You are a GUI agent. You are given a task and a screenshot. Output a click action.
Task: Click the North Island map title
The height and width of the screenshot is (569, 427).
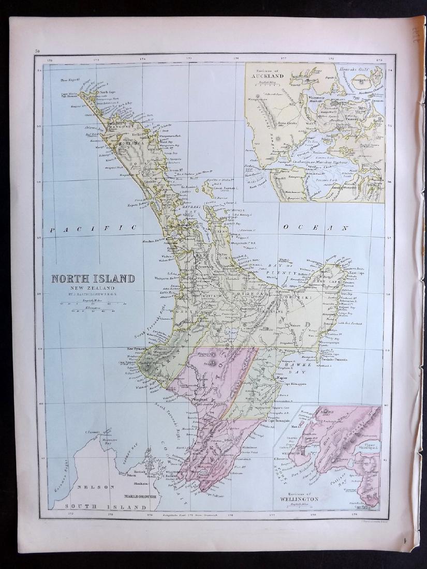click(93, 279)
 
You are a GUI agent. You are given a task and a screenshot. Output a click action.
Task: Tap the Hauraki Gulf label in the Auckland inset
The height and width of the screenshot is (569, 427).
click(358, 68)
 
